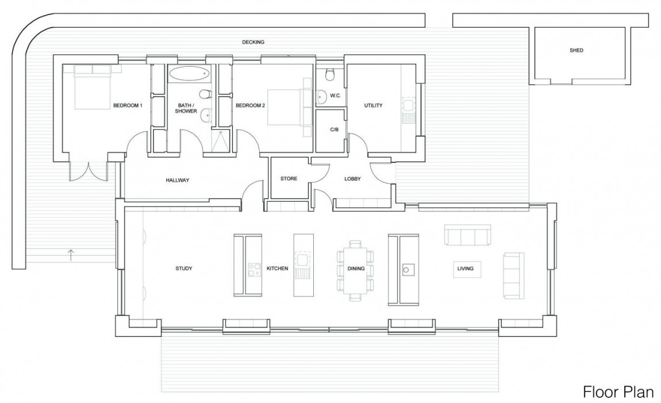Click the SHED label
tap(576, 51)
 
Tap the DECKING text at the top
tap(253, 43)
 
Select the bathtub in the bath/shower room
tap(189, 74)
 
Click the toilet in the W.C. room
tap(330, 75)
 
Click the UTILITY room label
tap(373, 105)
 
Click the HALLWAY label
tap(177, 180)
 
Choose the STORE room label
tap(289, 178)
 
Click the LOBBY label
tap(352, 179)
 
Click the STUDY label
tap(183, 268)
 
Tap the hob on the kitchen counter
tap(253, 268)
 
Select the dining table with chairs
tap(355, 269)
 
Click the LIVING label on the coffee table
tap(465, 268)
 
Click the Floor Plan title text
tap(618, 392)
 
